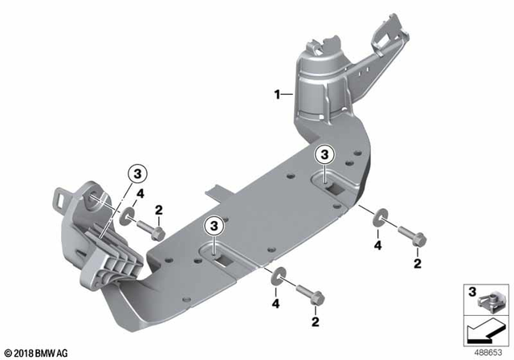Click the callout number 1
[x=276, y=95]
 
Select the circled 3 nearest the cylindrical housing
[x=324, y=153]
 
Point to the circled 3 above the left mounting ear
[x=137, y=174]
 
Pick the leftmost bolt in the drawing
[x=149, y=229]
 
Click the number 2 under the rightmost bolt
[x=416, y=263]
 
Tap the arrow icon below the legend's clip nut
[x=482, y=330]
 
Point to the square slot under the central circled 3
[x=218, y=258]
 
